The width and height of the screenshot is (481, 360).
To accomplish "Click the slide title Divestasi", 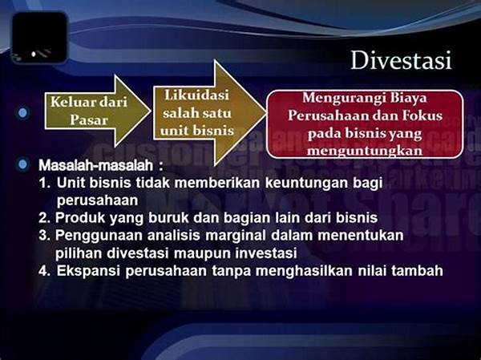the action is (x=401, y=60).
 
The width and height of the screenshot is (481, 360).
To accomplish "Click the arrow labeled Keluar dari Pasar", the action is (x=98, y=111).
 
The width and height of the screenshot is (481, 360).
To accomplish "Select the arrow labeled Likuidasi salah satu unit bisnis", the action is (x=209, y=112).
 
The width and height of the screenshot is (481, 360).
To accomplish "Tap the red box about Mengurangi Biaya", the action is (x=365, y=124).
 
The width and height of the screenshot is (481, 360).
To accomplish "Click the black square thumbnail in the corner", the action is (x=39, y=38).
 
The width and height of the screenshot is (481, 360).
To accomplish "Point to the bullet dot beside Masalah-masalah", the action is (x=22, y=165).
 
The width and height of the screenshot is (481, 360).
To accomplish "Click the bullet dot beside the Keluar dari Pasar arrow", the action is (x=22, y=113).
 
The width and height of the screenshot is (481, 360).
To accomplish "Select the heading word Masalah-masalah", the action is (x=95, y=165).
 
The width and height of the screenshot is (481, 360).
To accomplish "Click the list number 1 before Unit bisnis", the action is (x=43, y=183).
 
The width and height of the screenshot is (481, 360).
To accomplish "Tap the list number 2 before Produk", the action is (x=44, y=218).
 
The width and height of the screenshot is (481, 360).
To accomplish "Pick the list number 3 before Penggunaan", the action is (x=44, y=236).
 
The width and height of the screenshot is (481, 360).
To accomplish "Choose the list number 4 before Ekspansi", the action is (x=44, y=271).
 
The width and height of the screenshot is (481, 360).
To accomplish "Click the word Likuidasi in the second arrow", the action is (x=196, y=95).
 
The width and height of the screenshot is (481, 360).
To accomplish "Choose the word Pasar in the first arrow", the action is (x=89, y=120).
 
